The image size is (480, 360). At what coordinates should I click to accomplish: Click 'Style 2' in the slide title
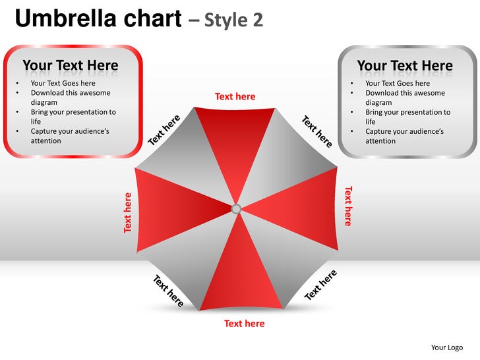[x=234, y=20]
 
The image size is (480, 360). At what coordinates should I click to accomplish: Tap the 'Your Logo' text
[x=447, y=347]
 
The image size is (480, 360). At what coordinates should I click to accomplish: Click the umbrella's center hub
[x=236, y=209]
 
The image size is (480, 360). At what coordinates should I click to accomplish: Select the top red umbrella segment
[x=235, y=145]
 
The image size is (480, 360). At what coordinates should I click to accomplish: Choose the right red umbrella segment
[x=297, y=208]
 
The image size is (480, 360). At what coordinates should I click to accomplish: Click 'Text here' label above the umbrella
[x=235, y=97]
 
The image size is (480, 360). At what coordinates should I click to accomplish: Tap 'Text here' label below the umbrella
[x=244, y=324]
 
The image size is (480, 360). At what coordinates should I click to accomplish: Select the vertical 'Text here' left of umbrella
[x=128, y=212]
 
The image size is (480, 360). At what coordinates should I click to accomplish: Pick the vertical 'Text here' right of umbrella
[x=348, y=206]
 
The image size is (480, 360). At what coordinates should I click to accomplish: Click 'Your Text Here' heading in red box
[x=71, y=65]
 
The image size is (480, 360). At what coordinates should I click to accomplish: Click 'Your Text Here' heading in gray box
[x=405, y=66]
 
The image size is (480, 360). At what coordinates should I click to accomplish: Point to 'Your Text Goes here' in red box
[x=63, y=83]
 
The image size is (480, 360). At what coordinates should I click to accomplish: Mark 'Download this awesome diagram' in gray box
[x=405, y=98]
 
